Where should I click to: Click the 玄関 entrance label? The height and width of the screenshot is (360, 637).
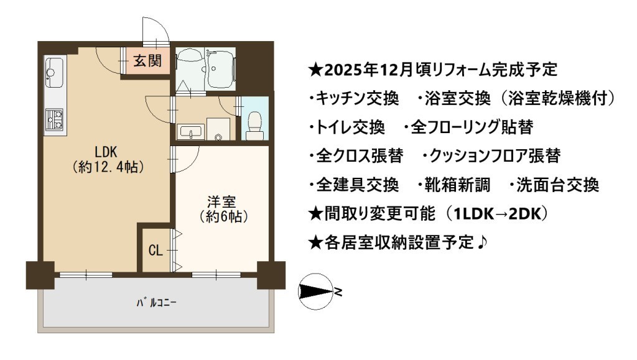pos(147,61)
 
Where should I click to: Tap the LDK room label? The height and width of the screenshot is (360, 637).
pos(106,152)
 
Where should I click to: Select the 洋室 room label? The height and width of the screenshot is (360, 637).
pos(221,201)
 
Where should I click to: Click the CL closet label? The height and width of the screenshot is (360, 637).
pos(156,251)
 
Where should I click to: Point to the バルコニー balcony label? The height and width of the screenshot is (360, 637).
pos(156,302)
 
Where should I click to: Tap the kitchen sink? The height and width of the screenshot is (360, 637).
pos(53,72)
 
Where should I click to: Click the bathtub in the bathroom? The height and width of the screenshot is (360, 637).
pos(221,69)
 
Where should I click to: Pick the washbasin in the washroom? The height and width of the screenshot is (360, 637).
pos(190,132)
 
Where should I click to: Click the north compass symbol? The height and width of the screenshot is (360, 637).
pos(316,292)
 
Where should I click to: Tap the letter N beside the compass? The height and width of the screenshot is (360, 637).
pos(338,292)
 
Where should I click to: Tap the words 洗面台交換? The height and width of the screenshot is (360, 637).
pos(557,185)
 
